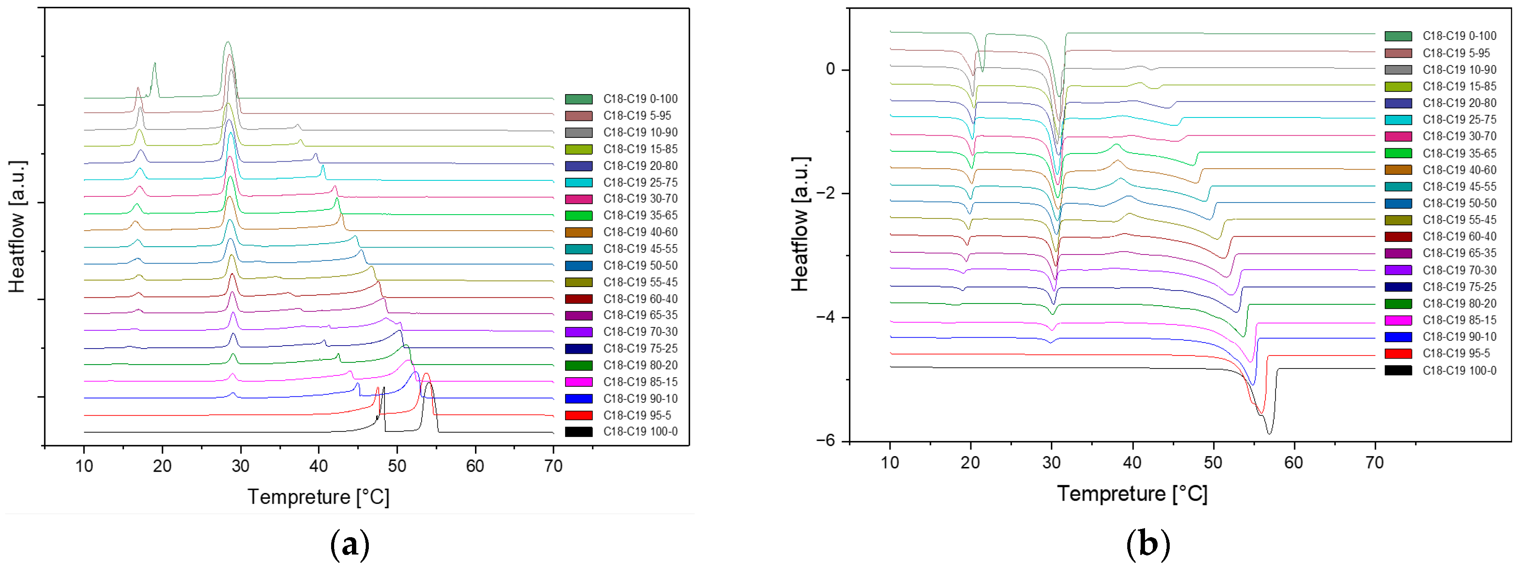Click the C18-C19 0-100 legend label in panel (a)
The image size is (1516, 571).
pos(640,99)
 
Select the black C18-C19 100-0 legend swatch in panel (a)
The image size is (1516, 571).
pos(579,431)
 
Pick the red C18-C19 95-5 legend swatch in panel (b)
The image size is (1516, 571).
pos(1398,353)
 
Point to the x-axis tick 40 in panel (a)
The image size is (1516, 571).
pos(319,466)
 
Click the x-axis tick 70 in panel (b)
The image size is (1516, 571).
pos(1374,462)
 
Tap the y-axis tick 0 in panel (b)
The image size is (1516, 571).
pos(830,69)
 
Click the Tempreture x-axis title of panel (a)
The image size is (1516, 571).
pos(319,497)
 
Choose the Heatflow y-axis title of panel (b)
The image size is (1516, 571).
pos(800,224)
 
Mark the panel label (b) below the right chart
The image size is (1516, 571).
pos(1147,545)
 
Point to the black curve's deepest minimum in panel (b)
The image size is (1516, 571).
pos(1269,433)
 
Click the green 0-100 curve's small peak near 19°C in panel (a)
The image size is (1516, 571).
pos(154,64)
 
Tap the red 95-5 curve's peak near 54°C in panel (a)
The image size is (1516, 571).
pos(426,374)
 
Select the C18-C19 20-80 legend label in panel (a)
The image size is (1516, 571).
pos(640,166)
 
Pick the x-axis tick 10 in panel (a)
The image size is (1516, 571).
pos(84,466)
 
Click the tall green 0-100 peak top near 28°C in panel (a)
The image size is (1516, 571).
pos(228,42)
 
